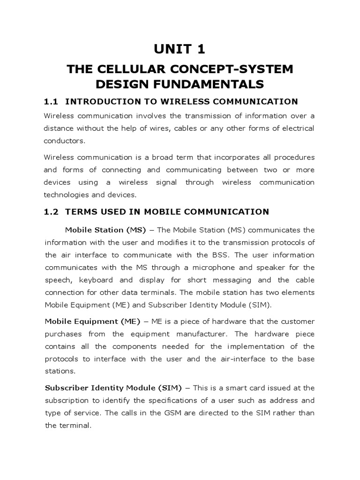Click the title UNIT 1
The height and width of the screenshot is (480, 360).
coord(180,49)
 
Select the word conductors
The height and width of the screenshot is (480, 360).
coord(65,141)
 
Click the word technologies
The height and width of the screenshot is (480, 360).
coord(66,194)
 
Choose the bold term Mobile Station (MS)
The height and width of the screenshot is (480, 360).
coord(105,230)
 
